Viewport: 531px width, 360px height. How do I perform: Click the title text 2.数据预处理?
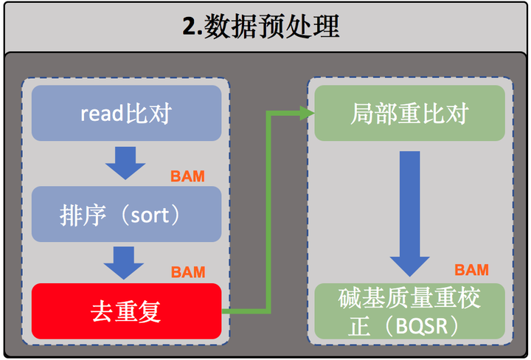coord(261,27)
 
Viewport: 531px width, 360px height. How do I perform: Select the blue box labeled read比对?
coord(126,113)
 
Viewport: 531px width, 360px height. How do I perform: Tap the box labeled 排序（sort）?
coord(126,214)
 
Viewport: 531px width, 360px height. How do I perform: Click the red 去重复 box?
coord(126,311)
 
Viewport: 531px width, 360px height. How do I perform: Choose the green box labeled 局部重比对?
coord(410,113)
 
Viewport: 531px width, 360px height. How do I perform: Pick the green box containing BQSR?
coord(410,311)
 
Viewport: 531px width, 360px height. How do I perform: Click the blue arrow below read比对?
coord(125,163)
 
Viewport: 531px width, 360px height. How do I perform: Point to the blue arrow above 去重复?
coord(124,263)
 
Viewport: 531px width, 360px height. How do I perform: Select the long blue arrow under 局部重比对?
coord(410,214)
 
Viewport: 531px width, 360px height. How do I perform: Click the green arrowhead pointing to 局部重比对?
coord(308,113)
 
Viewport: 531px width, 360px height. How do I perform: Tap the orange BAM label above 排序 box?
coord(187,176)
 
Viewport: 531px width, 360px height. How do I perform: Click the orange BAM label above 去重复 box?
coord(188,272)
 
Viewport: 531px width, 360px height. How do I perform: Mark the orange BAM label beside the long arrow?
coord(472,270)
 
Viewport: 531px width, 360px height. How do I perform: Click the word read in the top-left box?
coord(102,114)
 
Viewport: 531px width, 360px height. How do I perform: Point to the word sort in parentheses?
coord(150,215)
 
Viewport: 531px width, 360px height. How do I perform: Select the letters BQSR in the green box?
coord(422,326)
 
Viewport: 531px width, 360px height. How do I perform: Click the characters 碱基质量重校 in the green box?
coord(409,298)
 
